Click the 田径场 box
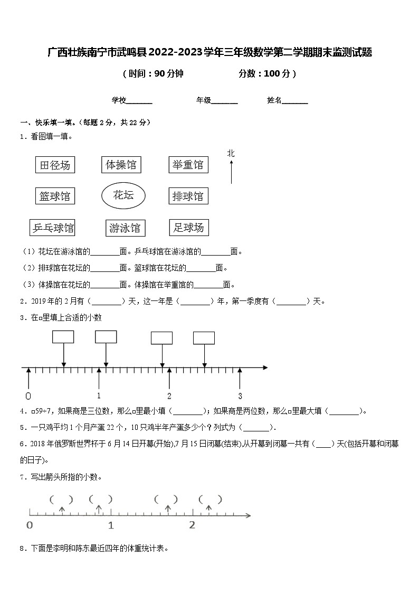[55, 165]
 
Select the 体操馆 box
[121, 165]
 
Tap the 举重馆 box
[188, 165]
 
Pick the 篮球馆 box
[55, 196]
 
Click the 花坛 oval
[123, 196]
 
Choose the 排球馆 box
[188, 196]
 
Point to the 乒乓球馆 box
[53, 228]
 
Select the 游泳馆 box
[125, 228]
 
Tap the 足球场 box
[188, 228]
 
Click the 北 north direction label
[231, 154]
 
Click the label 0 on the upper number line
[28, 396]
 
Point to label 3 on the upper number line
[240, 396]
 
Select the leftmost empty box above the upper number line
[63, 337]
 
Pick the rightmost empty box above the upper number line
[204, 338]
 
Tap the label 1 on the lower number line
[111, 525]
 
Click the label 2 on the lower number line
[192, 525]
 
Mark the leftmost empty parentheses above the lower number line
[61, 499]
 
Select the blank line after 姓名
[295, 101]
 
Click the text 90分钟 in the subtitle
[169, 74]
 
